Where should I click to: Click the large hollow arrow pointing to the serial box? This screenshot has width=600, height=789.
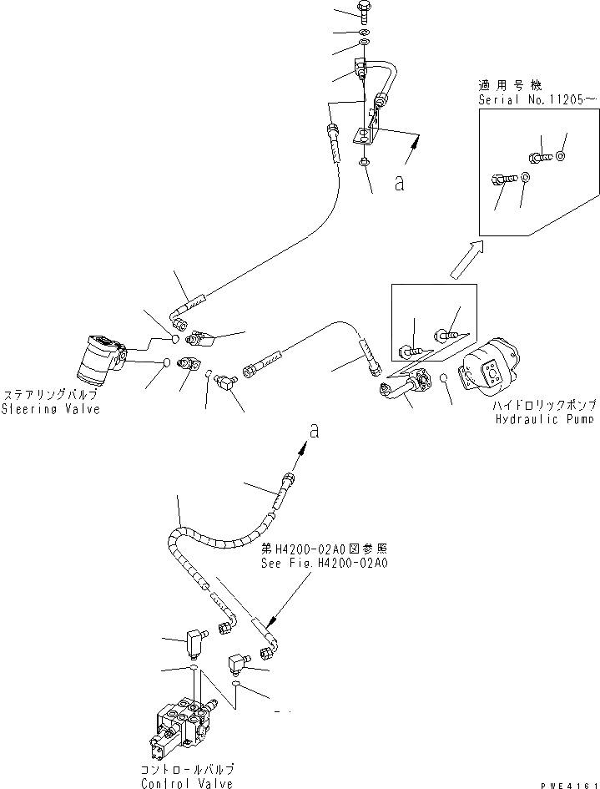click(464, 260)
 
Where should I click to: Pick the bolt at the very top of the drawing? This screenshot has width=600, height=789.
click(365, 11)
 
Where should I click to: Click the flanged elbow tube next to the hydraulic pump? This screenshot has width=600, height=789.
click(407, 385)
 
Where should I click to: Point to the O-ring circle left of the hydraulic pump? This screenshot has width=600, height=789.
click(446, 380)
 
